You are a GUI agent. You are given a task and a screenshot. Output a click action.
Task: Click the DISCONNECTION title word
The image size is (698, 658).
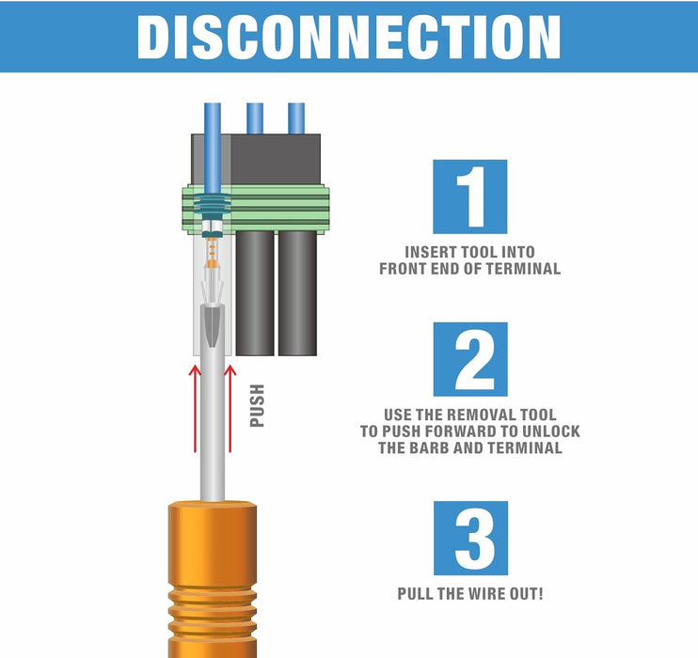(349, 37)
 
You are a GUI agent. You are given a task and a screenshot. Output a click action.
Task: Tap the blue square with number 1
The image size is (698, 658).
(469, 196)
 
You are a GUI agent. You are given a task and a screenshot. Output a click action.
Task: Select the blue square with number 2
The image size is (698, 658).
(469, 358)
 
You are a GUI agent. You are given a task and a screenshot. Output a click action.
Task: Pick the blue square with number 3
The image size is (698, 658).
(469, 538)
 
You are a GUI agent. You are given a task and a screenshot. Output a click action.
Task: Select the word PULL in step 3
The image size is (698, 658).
(417, 594)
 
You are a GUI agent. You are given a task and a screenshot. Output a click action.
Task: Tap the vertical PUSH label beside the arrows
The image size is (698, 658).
(257, 406)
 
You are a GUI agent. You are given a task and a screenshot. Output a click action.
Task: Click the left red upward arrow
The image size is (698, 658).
(196, 409)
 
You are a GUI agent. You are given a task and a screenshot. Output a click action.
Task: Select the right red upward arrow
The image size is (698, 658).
(230, 409)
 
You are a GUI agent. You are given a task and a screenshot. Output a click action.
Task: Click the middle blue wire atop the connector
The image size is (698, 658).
(255, 117)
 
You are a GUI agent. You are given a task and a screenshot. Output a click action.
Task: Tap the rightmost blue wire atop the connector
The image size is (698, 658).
(296, 117)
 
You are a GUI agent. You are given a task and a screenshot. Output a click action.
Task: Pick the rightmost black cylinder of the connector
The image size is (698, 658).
(297, 291)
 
